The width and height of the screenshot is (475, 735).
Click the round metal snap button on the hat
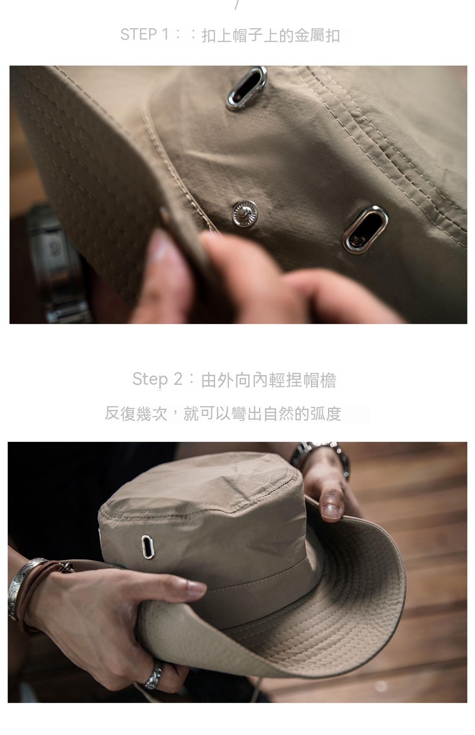click(x=245, y=213)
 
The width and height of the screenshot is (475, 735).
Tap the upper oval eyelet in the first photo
click(x=246, y=88)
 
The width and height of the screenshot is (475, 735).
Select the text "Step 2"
click(x=157, y=379)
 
